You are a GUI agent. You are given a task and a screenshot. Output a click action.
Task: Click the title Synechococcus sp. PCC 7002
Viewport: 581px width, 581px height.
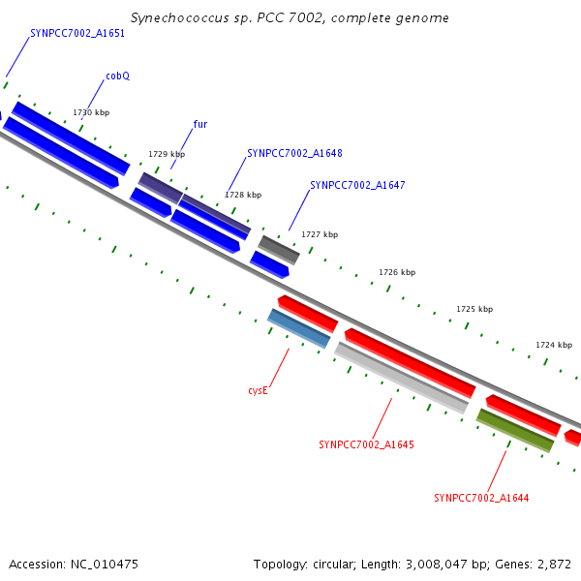pyautogui.click(x=290, y=18)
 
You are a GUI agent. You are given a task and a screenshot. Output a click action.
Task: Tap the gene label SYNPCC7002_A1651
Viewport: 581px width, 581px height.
pyautogui.click(x=77, y=33)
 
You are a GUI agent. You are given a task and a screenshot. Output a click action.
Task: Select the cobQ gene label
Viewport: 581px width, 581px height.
pyautogui.click(x=117, y=76)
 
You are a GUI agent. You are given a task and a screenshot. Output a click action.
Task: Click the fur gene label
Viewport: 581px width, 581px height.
pyautogui.click(x=200, y=124)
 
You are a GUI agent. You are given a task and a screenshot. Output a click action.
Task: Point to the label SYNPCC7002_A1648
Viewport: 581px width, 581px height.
pyautogui.click(x=294, y=153)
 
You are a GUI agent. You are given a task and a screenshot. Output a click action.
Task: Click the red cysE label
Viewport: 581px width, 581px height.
pyautogui.click(x=258, y=390)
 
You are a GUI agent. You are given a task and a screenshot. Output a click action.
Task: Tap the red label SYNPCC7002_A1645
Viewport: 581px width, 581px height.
pyautogui.click(x=366, y=445)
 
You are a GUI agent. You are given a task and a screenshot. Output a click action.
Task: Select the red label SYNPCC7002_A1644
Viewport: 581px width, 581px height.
pyautogui.click(x=481, y=498)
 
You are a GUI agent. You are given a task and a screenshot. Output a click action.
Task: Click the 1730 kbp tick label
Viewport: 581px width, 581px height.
pyautogui.click(x=91, y=112)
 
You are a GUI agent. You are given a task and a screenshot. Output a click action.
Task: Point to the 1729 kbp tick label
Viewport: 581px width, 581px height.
pyautogui.click(x=167, y=154)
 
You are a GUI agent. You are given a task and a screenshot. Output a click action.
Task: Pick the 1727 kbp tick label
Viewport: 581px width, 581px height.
pyautogui.click(x=320, y=234)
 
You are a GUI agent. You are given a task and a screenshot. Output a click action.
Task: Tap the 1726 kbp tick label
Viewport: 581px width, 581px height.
pyautogui.click(x=397, y=272)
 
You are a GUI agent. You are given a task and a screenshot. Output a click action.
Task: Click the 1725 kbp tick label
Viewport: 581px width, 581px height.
pyautogui.click(x=474, y=309)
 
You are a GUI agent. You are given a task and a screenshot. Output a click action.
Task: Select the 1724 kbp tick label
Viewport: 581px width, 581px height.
pyautogui.click(x=554, y=345)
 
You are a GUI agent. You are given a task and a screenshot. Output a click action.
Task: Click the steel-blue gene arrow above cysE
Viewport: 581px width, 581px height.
pyautogui.click(x=299, y=328)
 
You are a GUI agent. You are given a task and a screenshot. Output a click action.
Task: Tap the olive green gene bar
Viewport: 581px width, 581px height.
pyautogui.click(x=514, y=430)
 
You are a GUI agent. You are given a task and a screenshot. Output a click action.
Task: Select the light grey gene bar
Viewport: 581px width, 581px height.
pyautogui.click(x=402, y=378)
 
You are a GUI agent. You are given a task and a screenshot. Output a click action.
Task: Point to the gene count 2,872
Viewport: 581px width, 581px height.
pyautogui.click(x=553, y=564)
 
